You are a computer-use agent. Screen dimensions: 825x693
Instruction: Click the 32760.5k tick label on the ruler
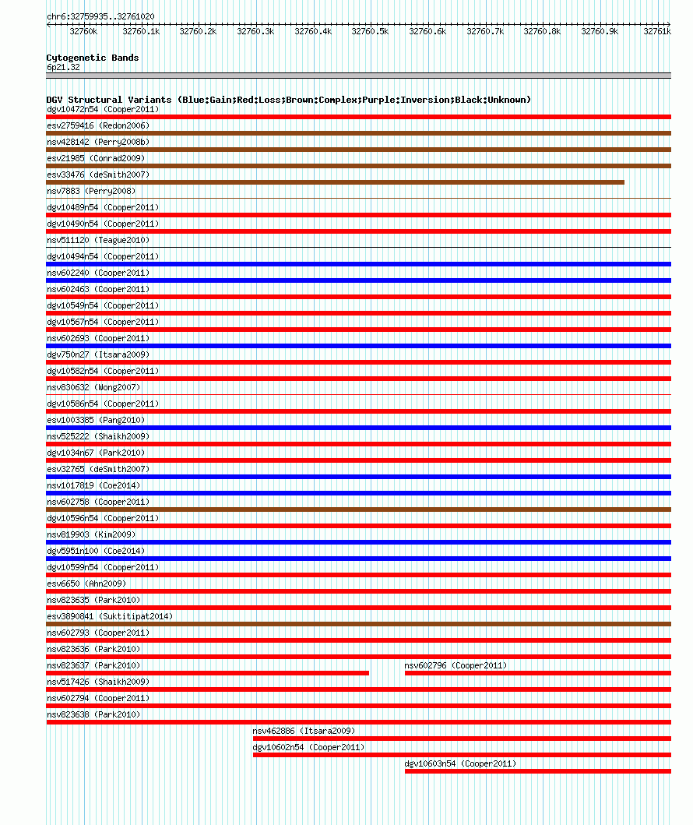(x=370, y=31)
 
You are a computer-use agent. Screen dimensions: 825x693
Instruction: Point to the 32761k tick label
(x=656, y=31)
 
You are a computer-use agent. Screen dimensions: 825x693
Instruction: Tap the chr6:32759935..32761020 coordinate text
(x=100, y=16)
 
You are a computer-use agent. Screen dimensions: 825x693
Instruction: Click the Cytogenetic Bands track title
(x=93, y=58)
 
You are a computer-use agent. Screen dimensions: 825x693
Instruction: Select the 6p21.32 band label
(x=63, y=67)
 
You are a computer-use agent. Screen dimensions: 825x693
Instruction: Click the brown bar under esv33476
(x=335, y=182)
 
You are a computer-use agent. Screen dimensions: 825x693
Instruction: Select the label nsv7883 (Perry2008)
(x=91, y=191)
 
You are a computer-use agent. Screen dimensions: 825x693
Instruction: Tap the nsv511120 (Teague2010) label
(x=98, y=240)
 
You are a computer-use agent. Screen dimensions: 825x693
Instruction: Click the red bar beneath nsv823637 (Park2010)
(x=207, y=673)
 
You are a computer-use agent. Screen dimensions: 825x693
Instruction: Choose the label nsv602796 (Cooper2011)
(x=456, y=665)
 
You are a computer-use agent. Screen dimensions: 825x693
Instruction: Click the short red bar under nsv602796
(x=537, y=673)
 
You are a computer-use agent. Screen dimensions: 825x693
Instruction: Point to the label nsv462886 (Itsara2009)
(x=304, y=731)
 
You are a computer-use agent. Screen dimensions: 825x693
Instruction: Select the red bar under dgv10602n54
(x=461, y=755)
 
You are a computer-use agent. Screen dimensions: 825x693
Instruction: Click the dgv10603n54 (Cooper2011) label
(x=460, y=763)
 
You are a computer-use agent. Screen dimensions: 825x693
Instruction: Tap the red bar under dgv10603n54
(x=537, y=771)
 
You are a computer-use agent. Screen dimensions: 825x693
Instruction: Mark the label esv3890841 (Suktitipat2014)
(x=110, y=616)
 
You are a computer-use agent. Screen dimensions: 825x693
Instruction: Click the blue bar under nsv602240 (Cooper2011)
(x=358, y=280)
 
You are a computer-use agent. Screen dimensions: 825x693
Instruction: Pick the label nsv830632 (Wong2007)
(x=93, y=387)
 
